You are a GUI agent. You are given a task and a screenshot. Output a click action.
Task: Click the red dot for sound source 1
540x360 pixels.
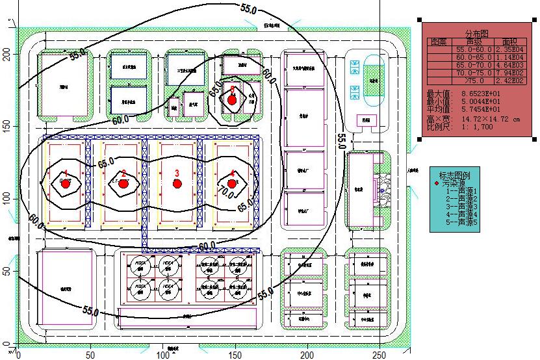click(65, 184)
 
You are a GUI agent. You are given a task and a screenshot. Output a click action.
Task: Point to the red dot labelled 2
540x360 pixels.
click(123, 184)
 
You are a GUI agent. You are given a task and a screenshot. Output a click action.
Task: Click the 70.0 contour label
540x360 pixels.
click(225, 192)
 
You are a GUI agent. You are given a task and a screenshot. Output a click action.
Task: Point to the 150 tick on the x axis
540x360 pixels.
click(236, 355)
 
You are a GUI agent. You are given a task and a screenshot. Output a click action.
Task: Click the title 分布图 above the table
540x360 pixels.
click(476, 33)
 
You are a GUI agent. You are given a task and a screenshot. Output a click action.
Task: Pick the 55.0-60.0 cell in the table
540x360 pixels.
click(472, 50)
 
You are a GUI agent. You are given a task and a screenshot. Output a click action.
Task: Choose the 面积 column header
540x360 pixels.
click(510, 42)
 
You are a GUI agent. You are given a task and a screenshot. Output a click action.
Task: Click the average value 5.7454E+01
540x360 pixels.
click(480, 110)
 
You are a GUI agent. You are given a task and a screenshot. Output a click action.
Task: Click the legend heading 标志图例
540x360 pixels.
click(459, 175)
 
